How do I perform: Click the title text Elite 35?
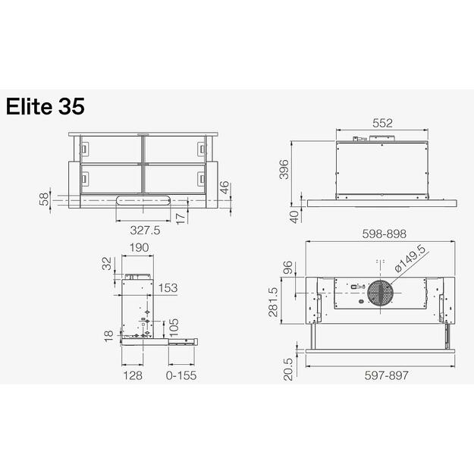(45, 107)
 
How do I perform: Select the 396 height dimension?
(284, 171)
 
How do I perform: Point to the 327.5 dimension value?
(145, 231)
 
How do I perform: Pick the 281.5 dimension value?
(273, 302)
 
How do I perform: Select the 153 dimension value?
(168, 288)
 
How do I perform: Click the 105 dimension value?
(173, 326)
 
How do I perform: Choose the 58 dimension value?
(44, 199)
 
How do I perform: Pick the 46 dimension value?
(224, 187)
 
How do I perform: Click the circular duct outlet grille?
(381, 294)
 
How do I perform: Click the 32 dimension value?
(105, 264)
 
